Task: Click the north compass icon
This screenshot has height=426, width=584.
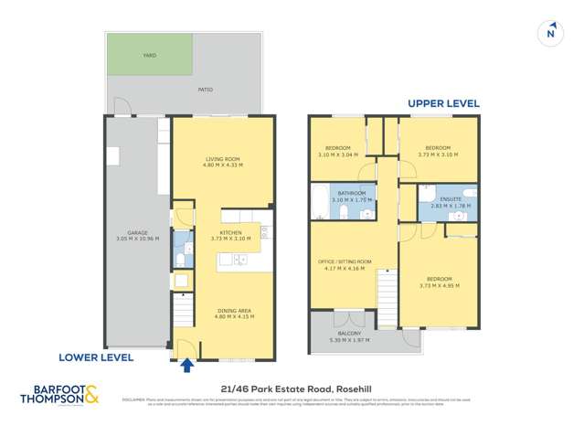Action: click(x=550, y=33)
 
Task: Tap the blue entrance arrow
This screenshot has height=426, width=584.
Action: click(x=187, y=366)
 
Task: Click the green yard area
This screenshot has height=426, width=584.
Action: click(x=150, y=55)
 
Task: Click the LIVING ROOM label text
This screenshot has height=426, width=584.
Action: click(x=222, y=160)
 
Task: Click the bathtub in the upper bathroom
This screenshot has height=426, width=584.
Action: click(x=320, y=201)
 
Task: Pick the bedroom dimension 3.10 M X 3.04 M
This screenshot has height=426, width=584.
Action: click(x=336, y=154)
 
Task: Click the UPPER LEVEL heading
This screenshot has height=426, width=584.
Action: click(x=443, y=103)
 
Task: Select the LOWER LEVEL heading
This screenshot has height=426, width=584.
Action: click(x=97, y=357)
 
